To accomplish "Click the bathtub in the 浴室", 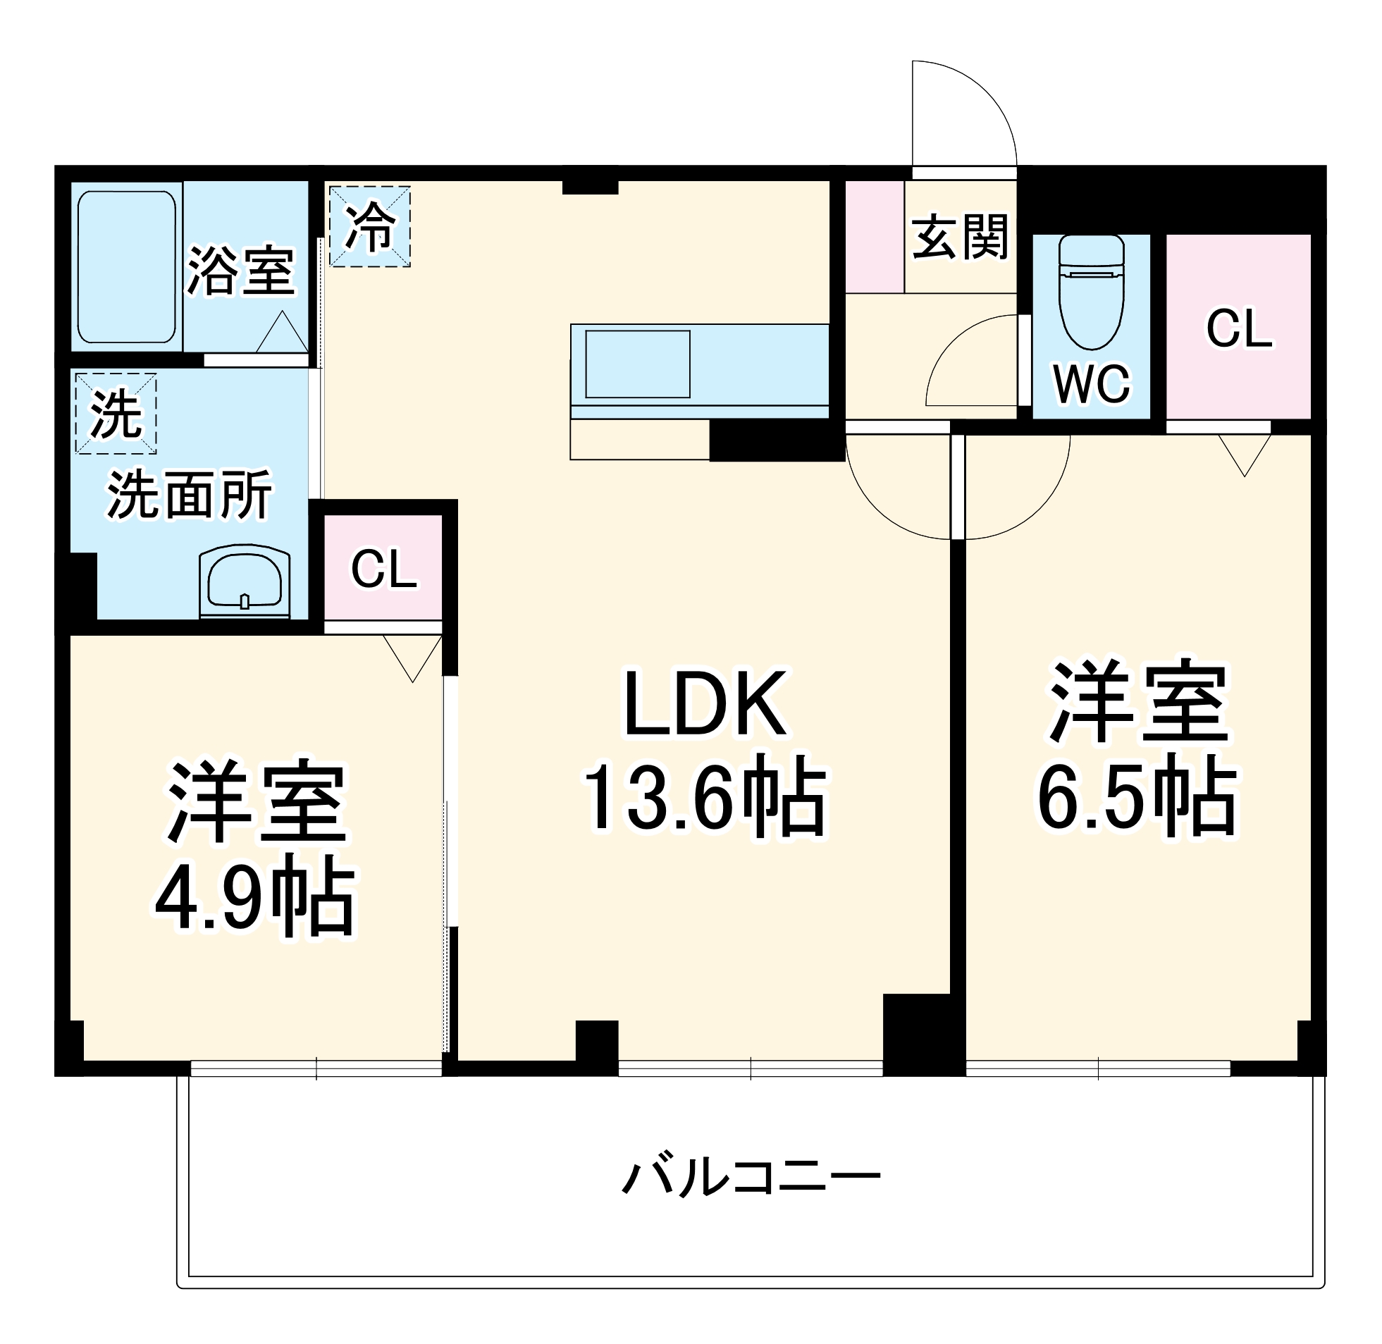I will (x=126, y=267).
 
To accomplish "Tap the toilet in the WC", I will (x=1091, y=291).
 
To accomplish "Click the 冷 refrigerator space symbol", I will (x=370, y=227).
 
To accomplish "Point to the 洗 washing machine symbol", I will (x=116, y=414).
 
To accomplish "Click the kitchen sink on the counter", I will (x=637, y=364).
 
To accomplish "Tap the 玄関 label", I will (x=960, y=237).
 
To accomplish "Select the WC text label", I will (x=1091, y=385).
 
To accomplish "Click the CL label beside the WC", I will (x=1239, y=329).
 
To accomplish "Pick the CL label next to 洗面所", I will (x=384, y=569).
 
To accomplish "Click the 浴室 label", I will (x=240, y=271).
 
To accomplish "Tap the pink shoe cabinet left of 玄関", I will (x=875, y=238).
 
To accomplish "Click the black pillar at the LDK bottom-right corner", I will (x=923, y=1035).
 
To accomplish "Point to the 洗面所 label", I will (x=189, y=495).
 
